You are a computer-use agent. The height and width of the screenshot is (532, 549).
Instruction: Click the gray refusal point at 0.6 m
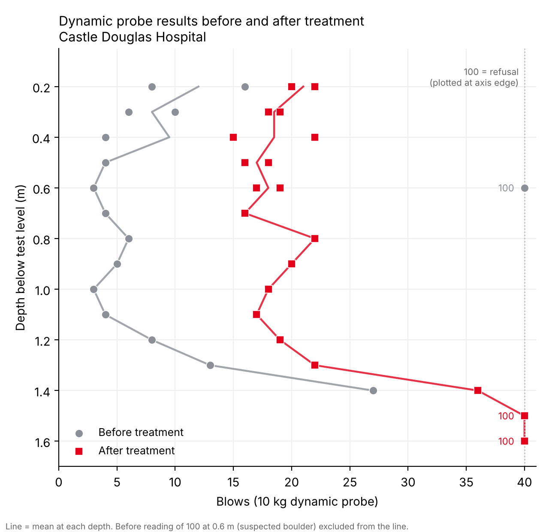tap(525, 188)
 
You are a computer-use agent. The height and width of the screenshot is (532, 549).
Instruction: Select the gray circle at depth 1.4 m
tap(373, 390)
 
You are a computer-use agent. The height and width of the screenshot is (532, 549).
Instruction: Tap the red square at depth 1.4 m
tap(478, 390)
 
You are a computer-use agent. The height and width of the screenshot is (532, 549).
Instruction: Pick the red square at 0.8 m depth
tap(315, 239)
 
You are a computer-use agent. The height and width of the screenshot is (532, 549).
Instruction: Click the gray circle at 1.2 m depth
tap(152, 340)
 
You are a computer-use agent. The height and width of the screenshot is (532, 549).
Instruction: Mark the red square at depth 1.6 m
tap(525, 441)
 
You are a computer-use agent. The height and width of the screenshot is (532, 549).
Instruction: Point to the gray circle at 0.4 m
tap(106, 137)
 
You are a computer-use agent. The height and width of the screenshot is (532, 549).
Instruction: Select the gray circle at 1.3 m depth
tap(210, 366)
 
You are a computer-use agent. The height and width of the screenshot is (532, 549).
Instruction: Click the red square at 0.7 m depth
tap(245, 213)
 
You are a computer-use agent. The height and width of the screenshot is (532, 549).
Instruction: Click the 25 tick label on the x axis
tap(350, 483)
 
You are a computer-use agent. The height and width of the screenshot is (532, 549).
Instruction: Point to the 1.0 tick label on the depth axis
tap(42, 290)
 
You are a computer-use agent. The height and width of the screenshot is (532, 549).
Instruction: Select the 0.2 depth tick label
tap(42, 88)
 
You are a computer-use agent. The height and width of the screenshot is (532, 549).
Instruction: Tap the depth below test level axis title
tap(20, 258)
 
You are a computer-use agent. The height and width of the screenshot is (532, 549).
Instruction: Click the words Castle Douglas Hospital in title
tap(133, 37)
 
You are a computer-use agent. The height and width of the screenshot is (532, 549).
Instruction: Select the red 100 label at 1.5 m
tap(506, 416)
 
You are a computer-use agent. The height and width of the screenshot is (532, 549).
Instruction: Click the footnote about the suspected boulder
tap(207, 526)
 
